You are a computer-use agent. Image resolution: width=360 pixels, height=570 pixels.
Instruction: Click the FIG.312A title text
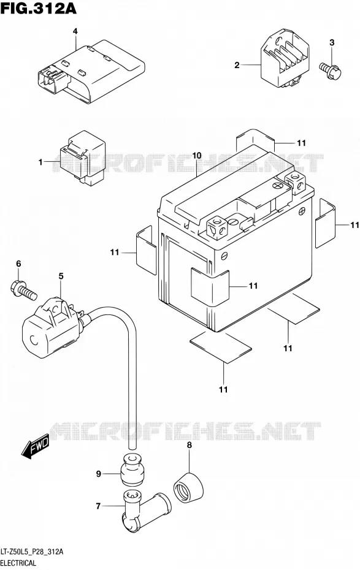pos(39,8)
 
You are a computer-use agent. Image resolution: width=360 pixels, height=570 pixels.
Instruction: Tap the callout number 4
pos(75,31)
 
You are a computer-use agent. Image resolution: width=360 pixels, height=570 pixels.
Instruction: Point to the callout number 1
pos(40,162)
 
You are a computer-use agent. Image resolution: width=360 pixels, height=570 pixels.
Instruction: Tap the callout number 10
pos(197,156)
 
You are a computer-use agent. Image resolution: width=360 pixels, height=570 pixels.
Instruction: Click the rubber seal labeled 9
pos(132,469)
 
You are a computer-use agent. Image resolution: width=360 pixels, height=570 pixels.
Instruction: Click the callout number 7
pos(98,506)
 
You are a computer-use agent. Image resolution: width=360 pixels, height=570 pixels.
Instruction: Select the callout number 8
pos(190,445)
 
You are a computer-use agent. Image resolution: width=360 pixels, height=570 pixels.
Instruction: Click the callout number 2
pos(237,66)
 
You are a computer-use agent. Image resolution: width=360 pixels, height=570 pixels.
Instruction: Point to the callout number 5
pos(61,276)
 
